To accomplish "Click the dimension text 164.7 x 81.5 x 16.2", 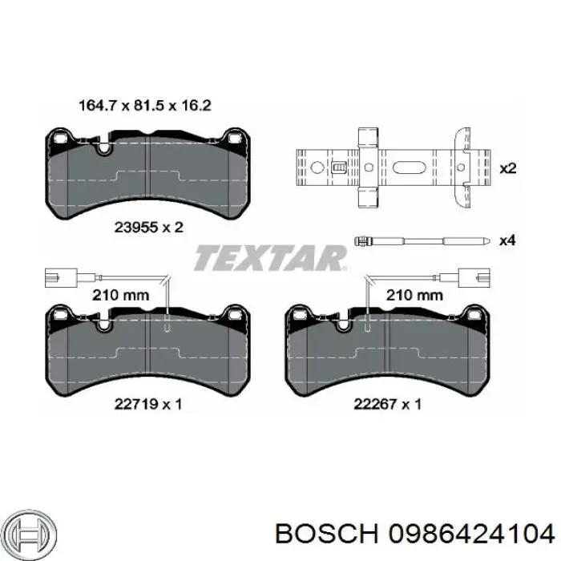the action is (144, 106).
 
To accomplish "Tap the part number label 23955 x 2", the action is (148, 227).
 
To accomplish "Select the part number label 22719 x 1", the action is (148, 404).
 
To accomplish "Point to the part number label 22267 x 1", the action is (387, 404).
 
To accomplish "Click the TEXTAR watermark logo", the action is (271, 257).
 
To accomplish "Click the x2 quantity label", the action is (507, 168).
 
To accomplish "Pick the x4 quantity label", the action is (507, 240).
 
